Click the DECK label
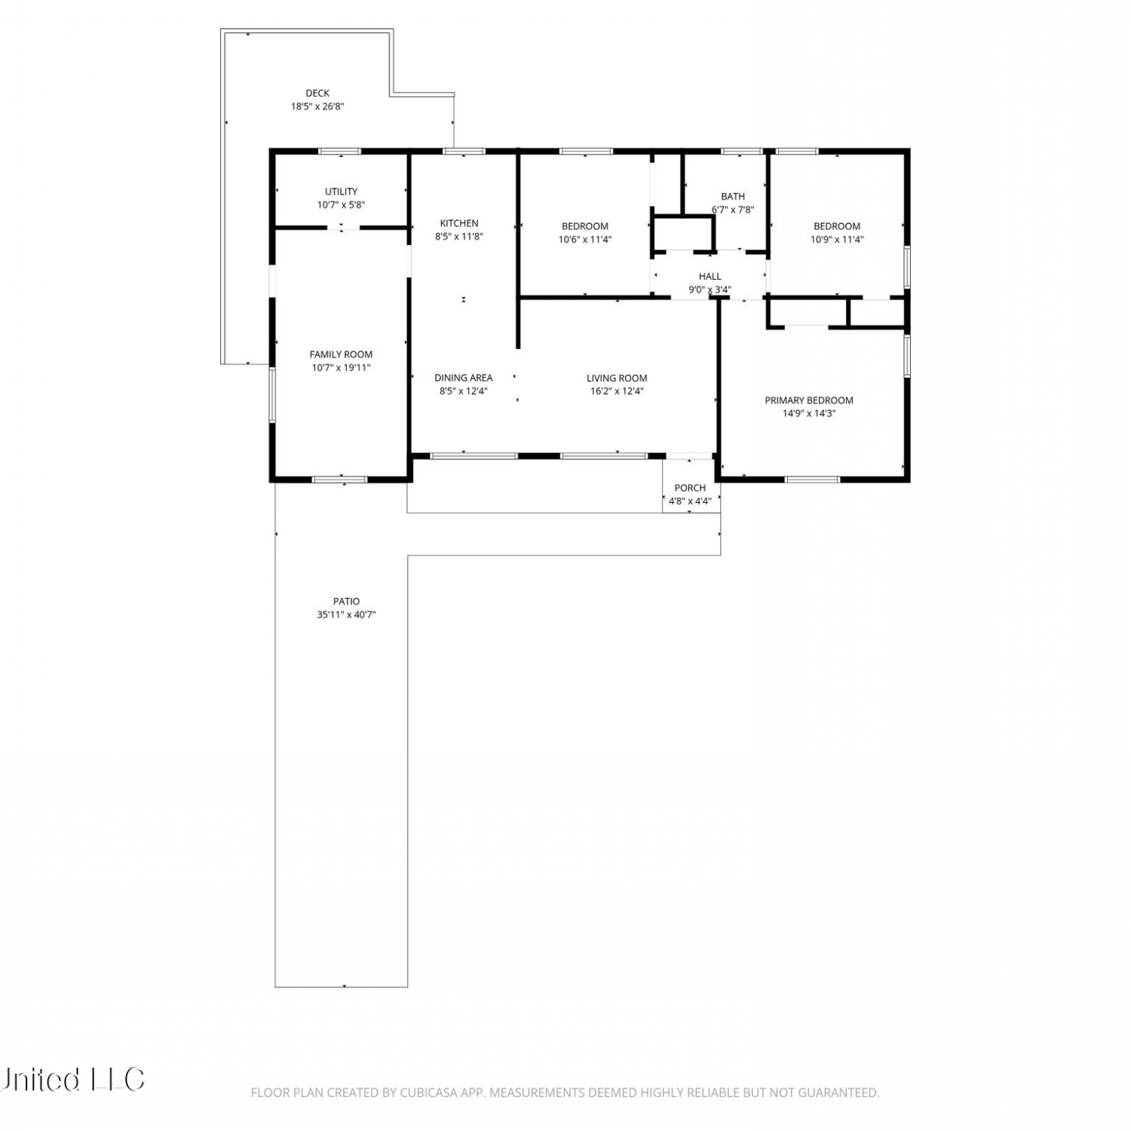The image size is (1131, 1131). (x=317, y=93)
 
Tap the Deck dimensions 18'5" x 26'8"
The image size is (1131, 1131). (x=317, y=106)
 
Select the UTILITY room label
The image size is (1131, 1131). (x=341, y=192)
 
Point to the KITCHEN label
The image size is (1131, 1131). (x=459, y=223)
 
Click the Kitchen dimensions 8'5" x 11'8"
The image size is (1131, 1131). (x=459, y=236)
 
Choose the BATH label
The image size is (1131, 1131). (x=733, y=197)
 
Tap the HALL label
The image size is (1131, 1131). (x=710, y=277)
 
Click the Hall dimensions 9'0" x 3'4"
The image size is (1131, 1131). (x=710, y=290)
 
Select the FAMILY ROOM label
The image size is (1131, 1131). (x=341, y=354)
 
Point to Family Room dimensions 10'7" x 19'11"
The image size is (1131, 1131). (x=341, y=368)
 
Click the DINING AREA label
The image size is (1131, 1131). (x=464, y=378)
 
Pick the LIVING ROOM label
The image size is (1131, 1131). (x=617, y=379)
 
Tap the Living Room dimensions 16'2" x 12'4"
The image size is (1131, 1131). (x=617, y=391)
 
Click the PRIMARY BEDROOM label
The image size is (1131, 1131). (x=809, y=400)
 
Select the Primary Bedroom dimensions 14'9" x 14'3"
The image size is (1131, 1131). (x=809, y=413)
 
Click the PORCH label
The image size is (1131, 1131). (x=690, y=488)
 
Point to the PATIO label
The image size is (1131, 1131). (x=346, y=602)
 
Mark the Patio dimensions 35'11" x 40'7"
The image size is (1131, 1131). (x=346, y=615)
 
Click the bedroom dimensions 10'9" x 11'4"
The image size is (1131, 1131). (x=837, y=240)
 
